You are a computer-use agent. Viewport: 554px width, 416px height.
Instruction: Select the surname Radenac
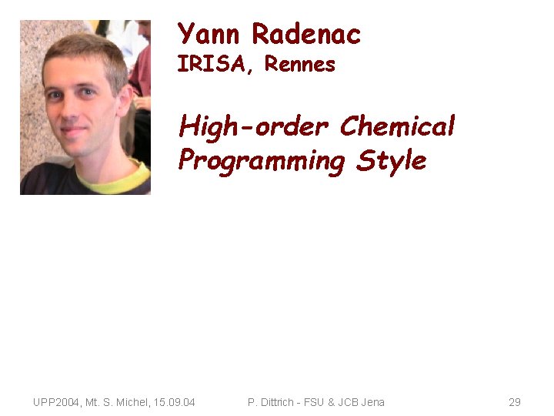click(x=306, y=35)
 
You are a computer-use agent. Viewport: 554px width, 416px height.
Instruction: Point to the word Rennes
click(x=299, y=65)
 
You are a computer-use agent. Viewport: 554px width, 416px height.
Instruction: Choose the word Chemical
click(x=397, y=126)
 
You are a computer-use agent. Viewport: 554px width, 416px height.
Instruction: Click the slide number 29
click(x=515, y=402)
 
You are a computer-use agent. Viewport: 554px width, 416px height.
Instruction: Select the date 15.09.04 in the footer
click(x=175, y=402)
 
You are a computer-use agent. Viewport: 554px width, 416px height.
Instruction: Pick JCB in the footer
click(x=346, y=402)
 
